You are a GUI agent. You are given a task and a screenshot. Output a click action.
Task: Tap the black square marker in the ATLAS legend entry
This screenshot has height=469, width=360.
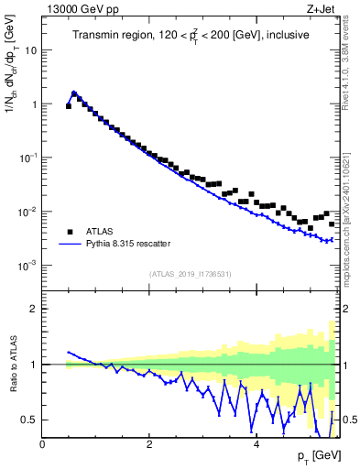[69, 232]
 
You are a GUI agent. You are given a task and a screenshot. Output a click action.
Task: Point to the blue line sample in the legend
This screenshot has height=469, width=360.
[69, 245]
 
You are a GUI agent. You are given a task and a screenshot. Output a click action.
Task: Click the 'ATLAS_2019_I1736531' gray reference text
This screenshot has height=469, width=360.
[190, 273]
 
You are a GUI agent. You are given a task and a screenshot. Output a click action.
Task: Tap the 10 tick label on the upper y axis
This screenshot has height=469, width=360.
[30, 50]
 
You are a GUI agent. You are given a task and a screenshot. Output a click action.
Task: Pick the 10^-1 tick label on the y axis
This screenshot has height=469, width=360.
[28, 158]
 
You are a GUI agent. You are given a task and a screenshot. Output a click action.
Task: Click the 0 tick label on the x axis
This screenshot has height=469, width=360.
[42, 444]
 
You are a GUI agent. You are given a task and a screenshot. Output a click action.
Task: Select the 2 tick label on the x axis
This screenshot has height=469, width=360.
[148, 444]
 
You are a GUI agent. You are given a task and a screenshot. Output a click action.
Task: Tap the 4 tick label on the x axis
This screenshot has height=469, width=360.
[256, 444]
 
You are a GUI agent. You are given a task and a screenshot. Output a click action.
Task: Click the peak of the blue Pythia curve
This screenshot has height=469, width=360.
[73, 93]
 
